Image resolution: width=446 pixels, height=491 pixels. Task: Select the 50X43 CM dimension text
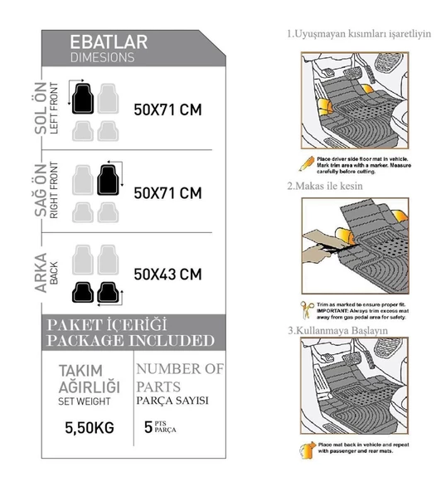(x=167, y=275)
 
